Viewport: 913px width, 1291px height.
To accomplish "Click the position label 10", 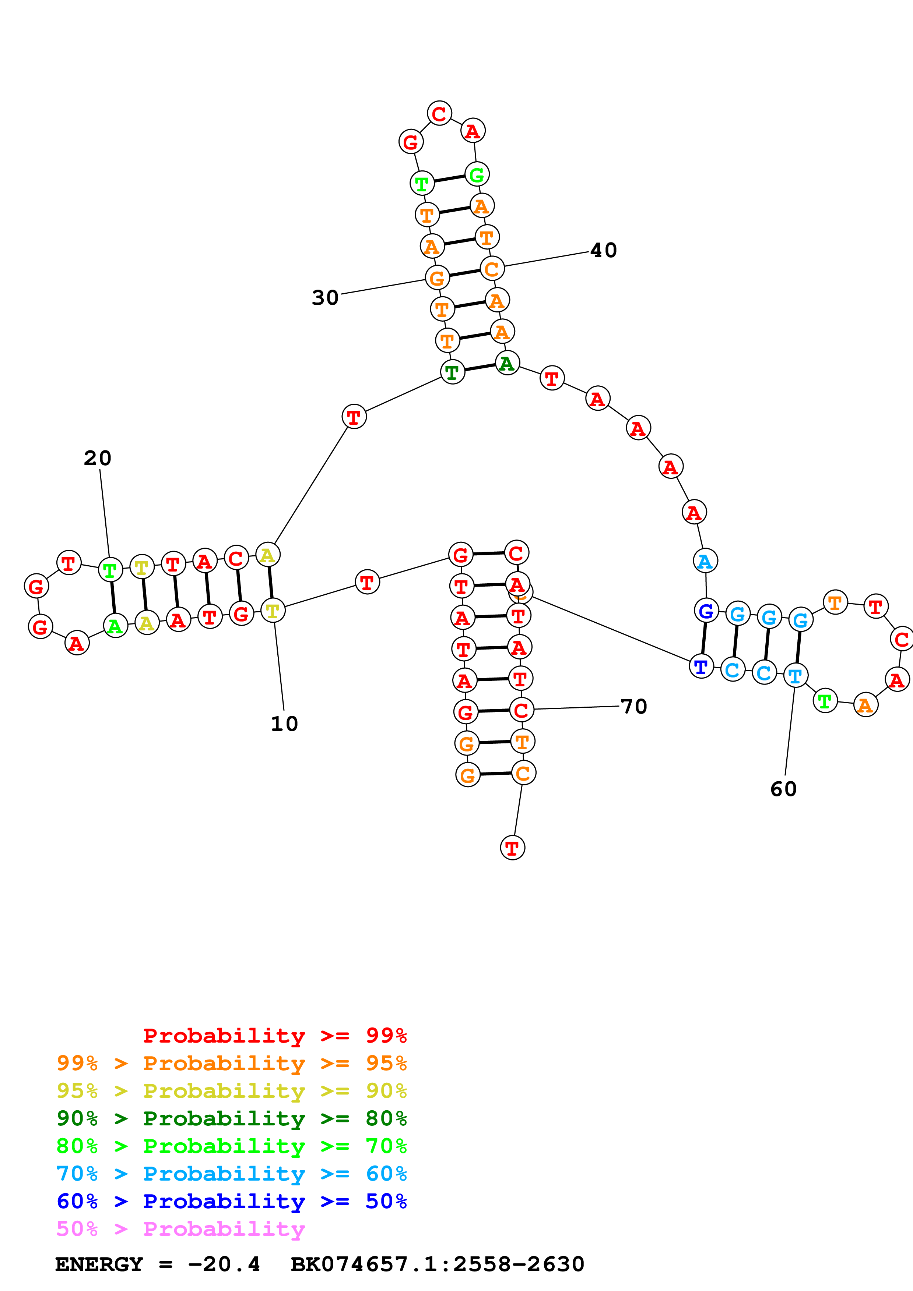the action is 284,724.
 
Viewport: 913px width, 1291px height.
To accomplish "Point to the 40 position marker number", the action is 604,250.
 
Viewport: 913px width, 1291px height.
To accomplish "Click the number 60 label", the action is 783,789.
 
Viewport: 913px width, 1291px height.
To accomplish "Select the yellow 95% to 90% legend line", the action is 231,1090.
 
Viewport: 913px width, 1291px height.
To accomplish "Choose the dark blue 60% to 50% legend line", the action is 231,1201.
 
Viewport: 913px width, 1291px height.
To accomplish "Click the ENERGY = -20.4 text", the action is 158,1264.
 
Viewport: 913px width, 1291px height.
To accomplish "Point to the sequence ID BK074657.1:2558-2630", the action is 437,1264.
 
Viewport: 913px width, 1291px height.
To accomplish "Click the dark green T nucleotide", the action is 452,372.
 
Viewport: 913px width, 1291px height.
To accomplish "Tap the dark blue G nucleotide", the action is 706,610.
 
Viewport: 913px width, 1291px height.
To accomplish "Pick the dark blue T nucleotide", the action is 701,666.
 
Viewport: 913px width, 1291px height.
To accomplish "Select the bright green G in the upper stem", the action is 477,174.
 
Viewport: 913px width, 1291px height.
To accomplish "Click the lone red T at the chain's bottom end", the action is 512,848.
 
